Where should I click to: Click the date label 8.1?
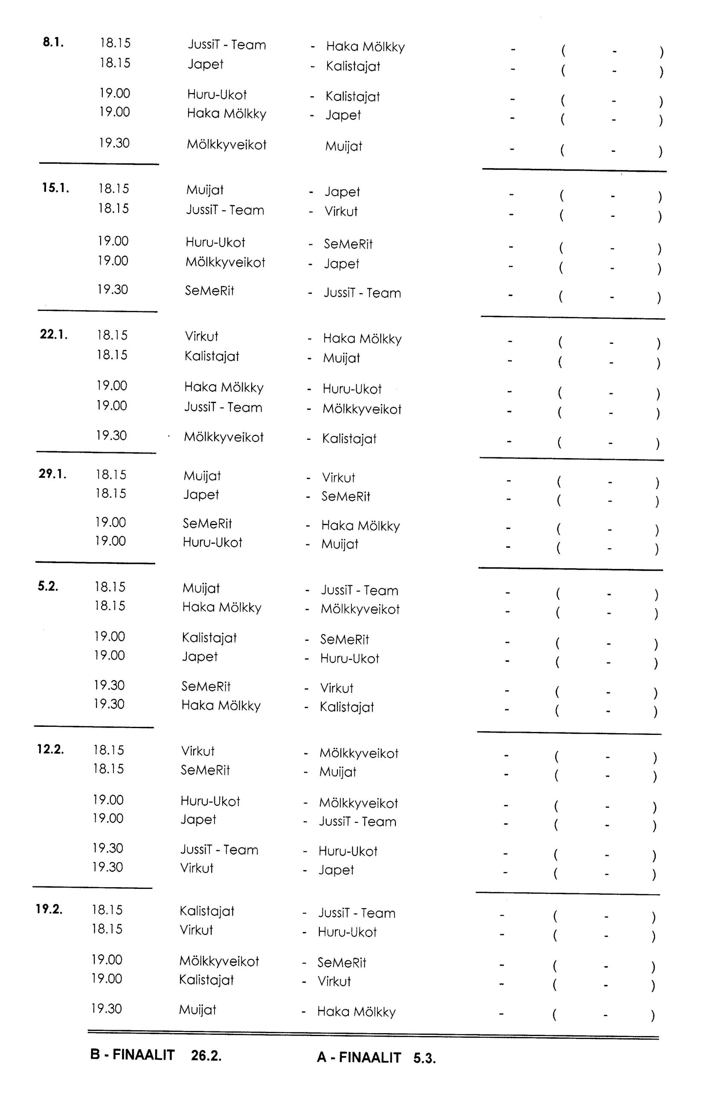click(x=53, y=42)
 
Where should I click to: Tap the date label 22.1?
click(x=53, y=334)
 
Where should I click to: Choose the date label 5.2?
click(x=48, y=586)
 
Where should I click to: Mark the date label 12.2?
click(x=50, y=749)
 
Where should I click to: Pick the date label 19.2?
click(x=49, y=909)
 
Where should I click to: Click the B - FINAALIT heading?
click(x=132, y=1054)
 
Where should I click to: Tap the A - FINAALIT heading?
click(x=359, y=1057)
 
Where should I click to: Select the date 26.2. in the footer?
click(x=206, y=1056)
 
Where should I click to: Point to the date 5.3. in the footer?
click(x=424, y=1058)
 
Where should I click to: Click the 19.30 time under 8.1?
click(x=114, y=143)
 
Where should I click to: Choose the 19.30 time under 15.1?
click(x=113, y=289)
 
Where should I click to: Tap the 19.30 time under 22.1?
click(x=111, y=435)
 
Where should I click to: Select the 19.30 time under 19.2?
click(x=106, y=1008)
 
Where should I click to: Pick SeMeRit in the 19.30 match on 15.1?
click(x=209, y=290)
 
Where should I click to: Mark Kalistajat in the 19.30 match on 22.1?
click(x=349, y=438)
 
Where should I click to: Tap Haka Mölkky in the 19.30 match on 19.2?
click(x=356, y=1011)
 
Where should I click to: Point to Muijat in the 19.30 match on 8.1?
click(x=343, y=146)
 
